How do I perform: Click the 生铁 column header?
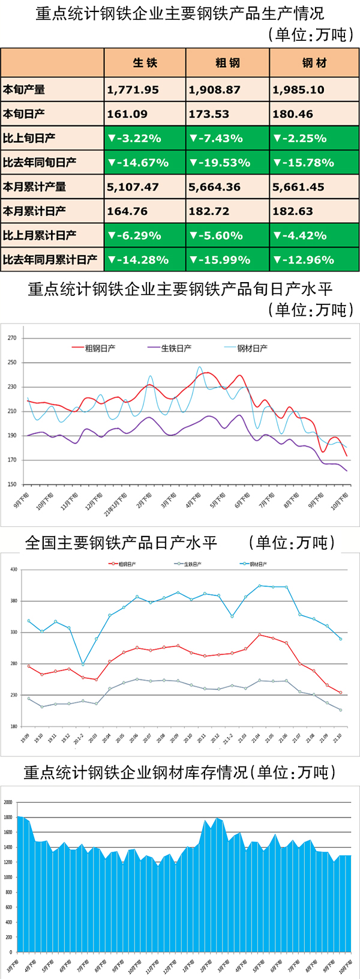click(x=145, y=63)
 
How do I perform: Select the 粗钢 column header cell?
click(x=227, y=63)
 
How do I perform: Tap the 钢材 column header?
click(x=314, y=63)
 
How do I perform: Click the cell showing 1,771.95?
click(x=133, y=90)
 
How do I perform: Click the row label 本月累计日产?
click(x=34, y=211)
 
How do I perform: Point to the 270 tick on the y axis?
click(x=12, y=338)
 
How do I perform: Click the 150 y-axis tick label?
click(x=12, y=484)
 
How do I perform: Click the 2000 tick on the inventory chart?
click(x=8, y=802)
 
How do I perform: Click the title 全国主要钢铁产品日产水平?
click(x=121, y=543)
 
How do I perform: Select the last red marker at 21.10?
click(x=340, y=693)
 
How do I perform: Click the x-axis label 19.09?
click(x=25, y=738)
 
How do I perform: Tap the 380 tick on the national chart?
click(x=14, y=601)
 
